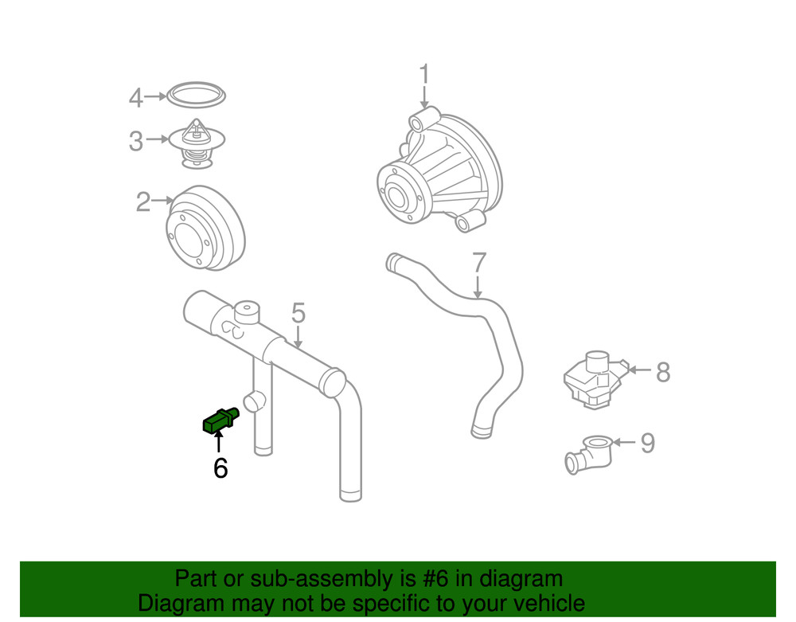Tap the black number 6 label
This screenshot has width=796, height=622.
(x=220, y=468)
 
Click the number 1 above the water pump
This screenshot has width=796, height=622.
(x=424, y=76)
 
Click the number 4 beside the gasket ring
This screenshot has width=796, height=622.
(x=136, y=99)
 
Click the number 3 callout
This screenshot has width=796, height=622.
(x=136, y=143)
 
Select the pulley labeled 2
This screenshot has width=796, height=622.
(x=205, y=229)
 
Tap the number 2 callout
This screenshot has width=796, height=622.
(x=142, y=202)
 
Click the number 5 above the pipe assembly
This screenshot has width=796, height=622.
(x=298, y=313)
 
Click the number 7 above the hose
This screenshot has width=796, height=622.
(x=478, y=263)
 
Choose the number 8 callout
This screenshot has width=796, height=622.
(x=663, y=372)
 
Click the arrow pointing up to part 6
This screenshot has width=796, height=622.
(x=219, y=441)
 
